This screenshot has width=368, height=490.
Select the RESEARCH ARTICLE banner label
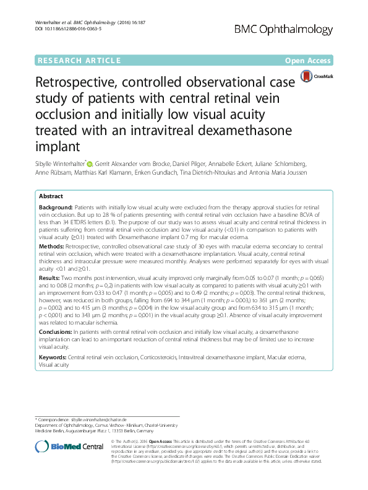coord(79,61)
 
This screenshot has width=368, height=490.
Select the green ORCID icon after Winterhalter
coord(89,164)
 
